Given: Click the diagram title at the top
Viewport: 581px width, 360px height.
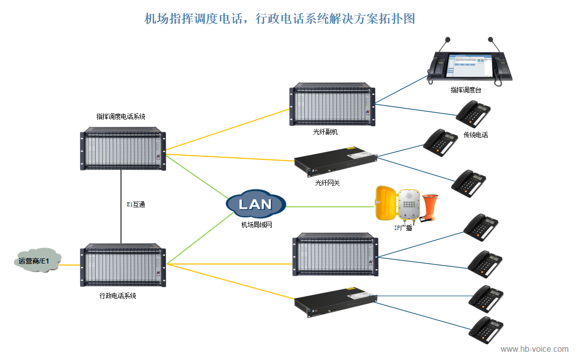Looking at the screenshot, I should coord(280,19).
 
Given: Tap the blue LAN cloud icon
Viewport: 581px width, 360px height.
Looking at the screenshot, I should coord(255,204).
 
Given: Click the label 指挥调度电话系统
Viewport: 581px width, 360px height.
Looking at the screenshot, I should coord(121,116).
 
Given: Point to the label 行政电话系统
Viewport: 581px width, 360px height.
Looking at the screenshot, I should coord(118,296).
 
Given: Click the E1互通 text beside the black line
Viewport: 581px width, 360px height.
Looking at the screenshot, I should coord(135,204).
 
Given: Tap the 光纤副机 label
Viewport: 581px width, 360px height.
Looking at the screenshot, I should coord(326,132).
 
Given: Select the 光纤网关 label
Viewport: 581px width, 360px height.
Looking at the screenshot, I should coord(327,182).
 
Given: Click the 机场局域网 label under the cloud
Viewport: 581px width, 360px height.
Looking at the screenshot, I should coord(257,224).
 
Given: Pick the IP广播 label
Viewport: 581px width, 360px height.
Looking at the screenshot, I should coord(403,228).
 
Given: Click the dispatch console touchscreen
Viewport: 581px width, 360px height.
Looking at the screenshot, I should coord(469,65).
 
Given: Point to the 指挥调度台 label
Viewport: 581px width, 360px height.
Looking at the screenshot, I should coord(466,90).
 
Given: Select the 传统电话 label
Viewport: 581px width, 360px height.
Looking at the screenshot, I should coord(475,135).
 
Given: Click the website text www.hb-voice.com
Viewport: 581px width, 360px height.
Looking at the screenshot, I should coord(534,349).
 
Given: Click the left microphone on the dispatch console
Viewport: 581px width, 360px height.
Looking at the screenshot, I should coord(448,42).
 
